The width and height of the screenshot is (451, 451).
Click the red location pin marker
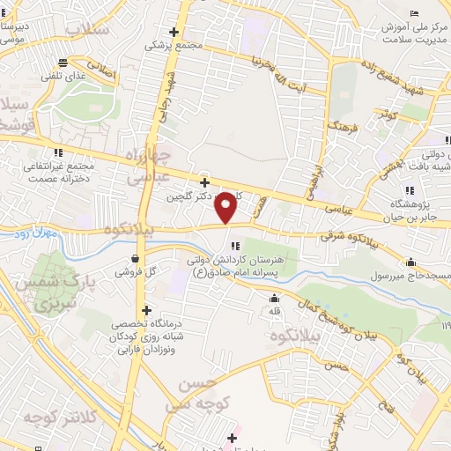(226, 208)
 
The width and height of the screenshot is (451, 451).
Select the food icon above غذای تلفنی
(62, 62)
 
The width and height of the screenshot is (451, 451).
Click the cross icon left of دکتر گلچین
(204, 182)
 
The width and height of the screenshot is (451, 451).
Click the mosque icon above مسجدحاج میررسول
(410, 262)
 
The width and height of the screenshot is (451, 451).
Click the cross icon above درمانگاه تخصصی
(145, 310)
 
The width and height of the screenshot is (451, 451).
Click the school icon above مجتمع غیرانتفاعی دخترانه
(59, 152)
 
